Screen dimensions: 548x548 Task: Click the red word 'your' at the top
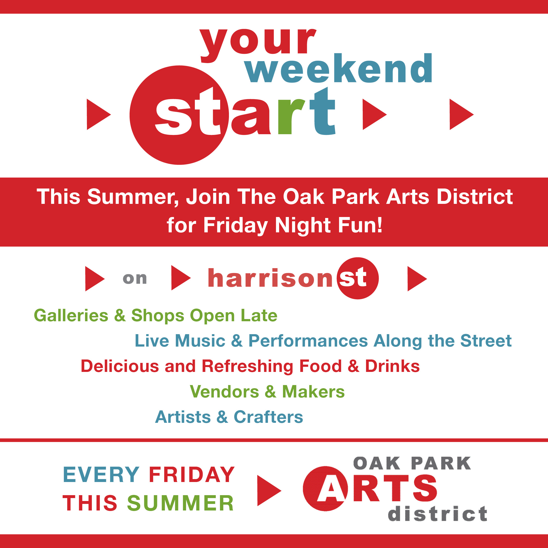(258, 45)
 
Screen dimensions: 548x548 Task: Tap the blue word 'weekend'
(339, 68)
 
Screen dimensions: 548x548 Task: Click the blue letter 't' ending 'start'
(322, 111)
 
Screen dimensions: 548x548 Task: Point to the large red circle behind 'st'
(179, 115)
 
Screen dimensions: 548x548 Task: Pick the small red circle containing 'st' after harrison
(358, 278)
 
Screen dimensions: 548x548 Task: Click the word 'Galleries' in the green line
(71, 315)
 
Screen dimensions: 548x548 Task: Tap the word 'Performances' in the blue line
(308, 341)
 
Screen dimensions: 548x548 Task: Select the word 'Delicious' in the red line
(120, 366)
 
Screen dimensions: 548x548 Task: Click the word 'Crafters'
(268, 417)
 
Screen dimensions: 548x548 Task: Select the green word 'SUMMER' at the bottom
(180, 503)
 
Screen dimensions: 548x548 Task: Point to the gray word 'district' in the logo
(437, 513)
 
